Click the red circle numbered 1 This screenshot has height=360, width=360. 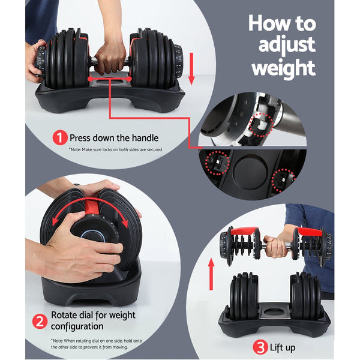pos(59,138)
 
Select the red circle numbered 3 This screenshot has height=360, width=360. pos(260,346)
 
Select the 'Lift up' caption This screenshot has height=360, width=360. pos(283,347)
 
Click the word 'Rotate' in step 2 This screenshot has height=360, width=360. pos(65,316)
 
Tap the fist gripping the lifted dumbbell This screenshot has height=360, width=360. pos(276,244)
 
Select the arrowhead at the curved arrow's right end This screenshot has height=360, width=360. pos(127,223)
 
